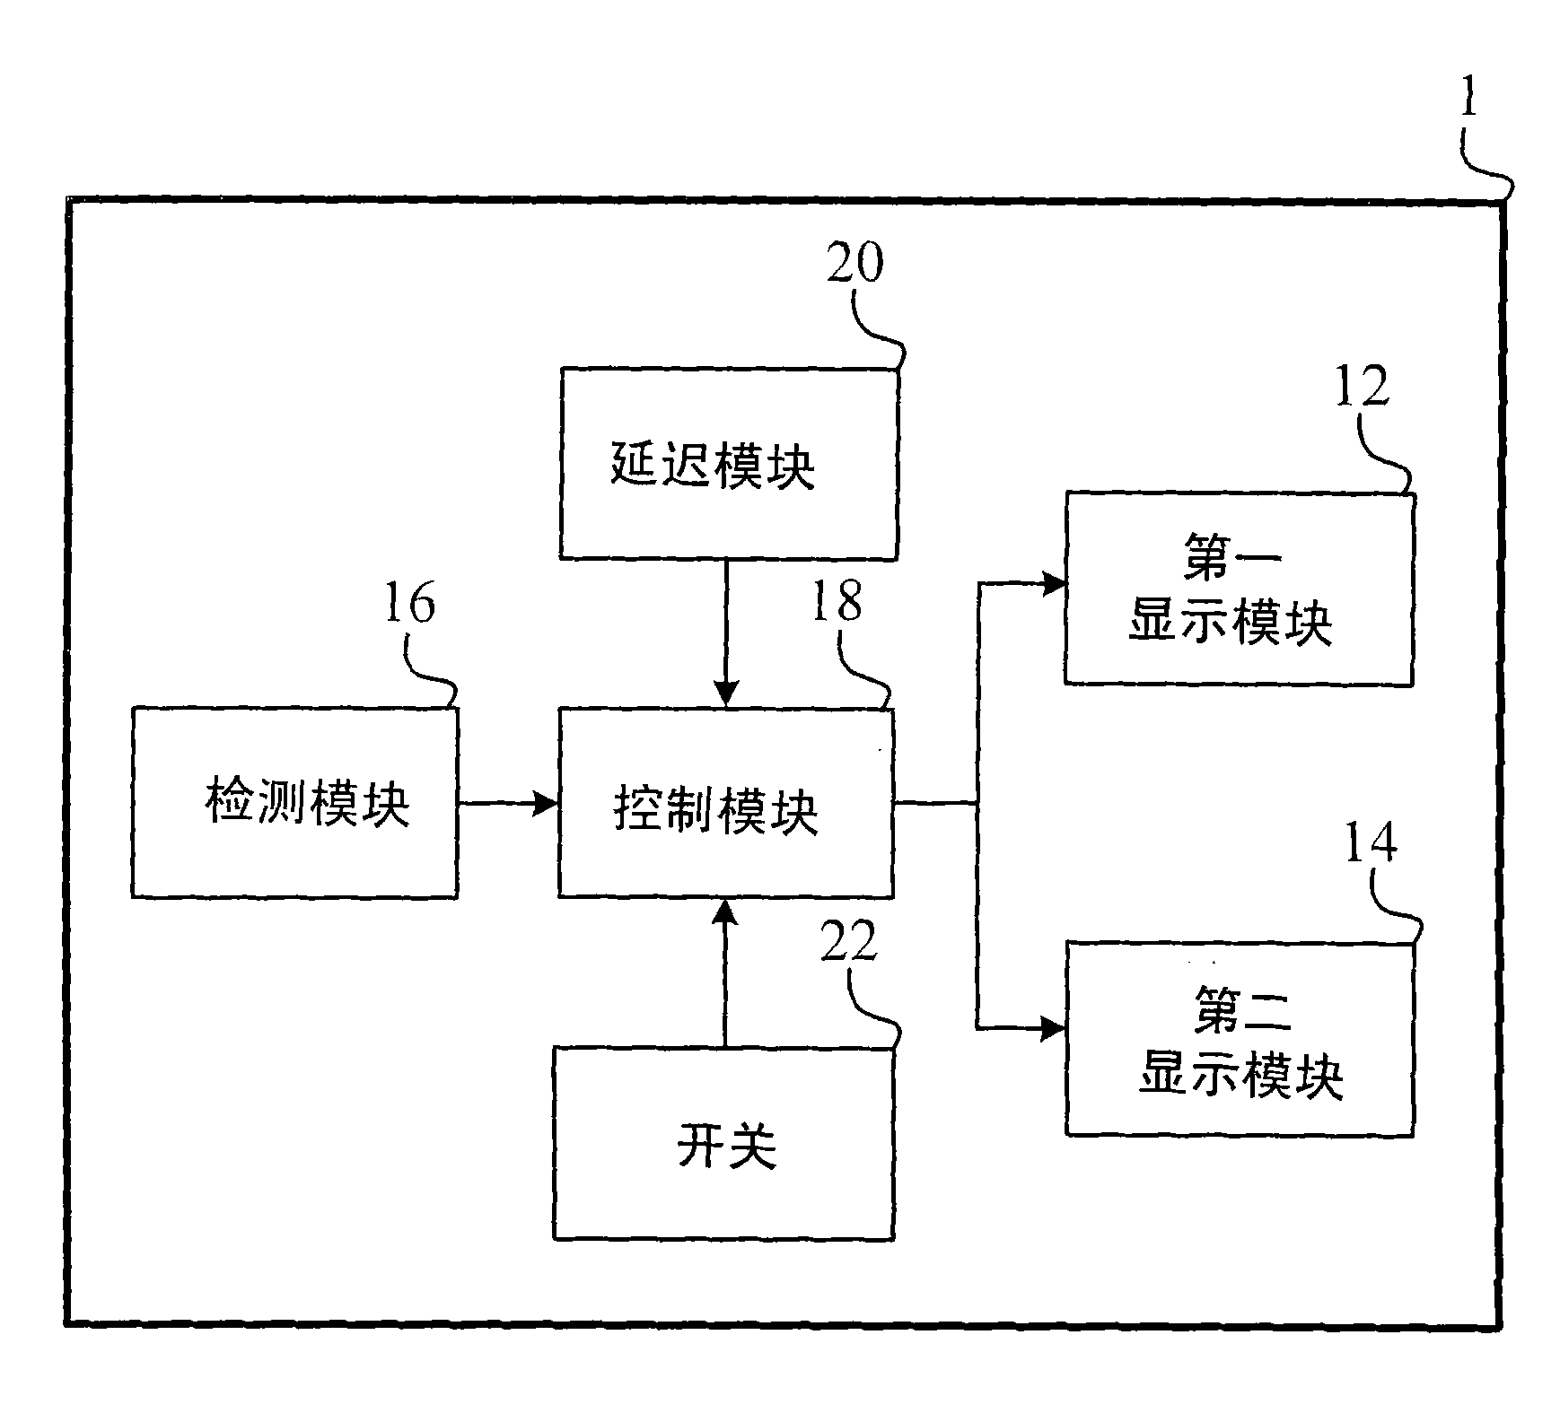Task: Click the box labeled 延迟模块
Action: (728, 464)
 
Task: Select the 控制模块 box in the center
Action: (725, 803)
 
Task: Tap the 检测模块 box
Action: (294, 802)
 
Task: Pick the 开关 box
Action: (723, 1144)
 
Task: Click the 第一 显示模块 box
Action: (1239, 589)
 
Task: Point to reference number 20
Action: (854, 264)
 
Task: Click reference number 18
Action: (837, 601)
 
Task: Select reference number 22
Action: (848, 941)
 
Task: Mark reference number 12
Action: (1361, 387)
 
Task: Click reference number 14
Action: (1371, 842)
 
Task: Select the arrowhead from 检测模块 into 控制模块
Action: (545, 803)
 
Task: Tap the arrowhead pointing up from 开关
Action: (725, 912)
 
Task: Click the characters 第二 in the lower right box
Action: (1241, 1008)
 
